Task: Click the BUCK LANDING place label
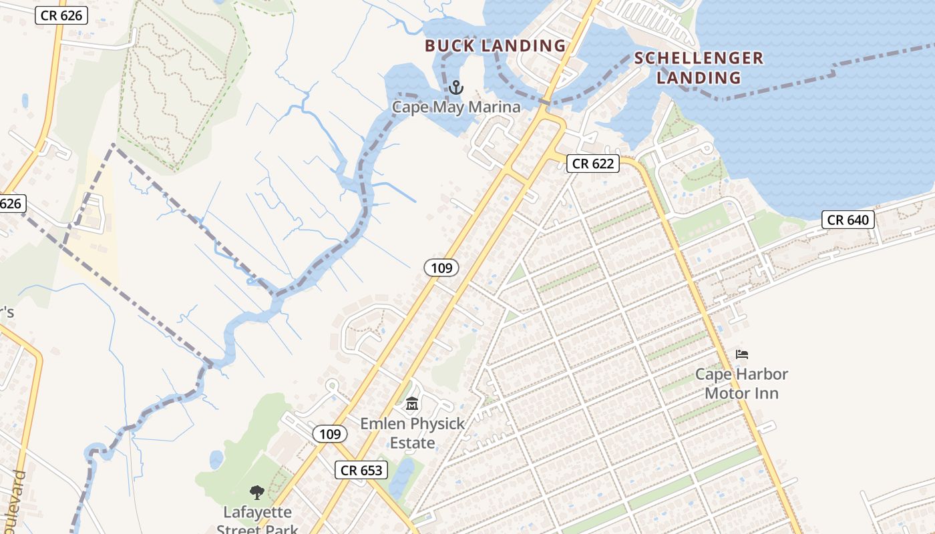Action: click(x=496, y=46)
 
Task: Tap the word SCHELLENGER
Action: click(x=699, y=58)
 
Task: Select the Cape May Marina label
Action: click(x=455, y=107)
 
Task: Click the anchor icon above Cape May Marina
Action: click(x=455, y=87)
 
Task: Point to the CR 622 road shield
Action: click(x=593, y=164)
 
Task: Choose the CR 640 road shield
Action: click(x=848, y=220)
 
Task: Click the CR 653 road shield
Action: click(x=361, y=470)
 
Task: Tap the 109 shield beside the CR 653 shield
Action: click(x=330, y=434)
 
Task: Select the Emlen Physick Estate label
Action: click(x=412, y=433)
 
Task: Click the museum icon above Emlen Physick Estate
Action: click(x=412, y=404)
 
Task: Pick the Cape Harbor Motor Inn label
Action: click(x=741, y=383)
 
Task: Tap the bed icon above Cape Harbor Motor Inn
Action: click(x=741, y=354)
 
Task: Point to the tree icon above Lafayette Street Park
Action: click(x=256, y=493)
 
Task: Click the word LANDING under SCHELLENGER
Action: click(x=699, y=78)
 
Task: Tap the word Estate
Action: click(x=412, y=443)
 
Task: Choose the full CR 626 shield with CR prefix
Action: click(x=61, y=15)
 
